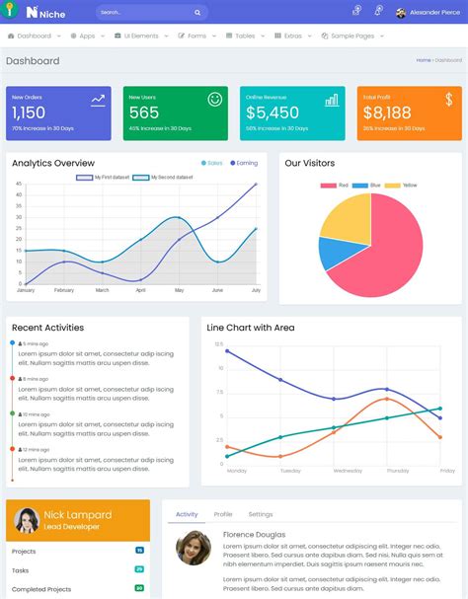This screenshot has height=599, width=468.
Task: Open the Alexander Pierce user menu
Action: (428, 13)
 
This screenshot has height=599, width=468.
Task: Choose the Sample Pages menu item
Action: (351, 36)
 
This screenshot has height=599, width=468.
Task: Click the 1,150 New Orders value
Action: (29, 113)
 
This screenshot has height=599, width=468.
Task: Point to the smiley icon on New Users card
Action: (214, 100)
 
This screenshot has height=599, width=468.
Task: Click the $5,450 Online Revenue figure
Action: (272, 113)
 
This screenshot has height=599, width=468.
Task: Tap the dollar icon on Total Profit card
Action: (448, 100)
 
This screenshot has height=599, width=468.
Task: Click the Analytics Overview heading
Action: (53, 163)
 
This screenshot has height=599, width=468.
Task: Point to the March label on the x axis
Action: (102, 290)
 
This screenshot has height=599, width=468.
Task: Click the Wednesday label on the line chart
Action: (348, 471)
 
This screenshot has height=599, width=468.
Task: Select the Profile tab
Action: (223, 514)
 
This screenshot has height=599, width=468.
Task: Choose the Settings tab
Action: (261, 514)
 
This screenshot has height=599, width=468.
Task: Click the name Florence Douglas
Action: (254, 535)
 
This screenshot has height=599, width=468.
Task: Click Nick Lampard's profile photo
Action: (27, 520)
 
